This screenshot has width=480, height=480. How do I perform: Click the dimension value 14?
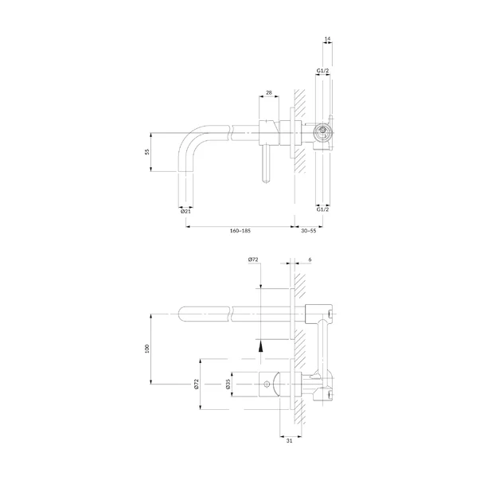[327, 39]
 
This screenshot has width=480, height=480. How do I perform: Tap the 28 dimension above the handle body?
[269, 92]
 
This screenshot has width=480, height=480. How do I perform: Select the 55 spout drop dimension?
[147, 151]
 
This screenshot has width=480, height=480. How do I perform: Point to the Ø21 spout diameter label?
[185, 211]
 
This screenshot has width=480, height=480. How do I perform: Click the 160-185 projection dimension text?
[240, 231]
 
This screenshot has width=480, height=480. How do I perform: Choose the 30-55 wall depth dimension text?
[309, 231]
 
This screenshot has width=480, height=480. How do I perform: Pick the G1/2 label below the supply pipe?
[322, 209]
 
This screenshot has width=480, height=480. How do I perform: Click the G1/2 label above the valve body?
[322, 71]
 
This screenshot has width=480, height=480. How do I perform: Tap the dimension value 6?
[310, 260]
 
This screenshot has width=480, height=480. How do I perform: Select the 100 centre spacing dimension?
[147, 349]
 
